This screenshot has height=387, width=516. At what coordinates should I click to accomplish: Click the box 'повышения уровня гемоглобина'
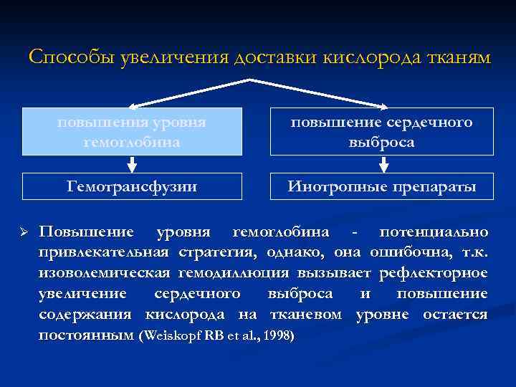point(131,132)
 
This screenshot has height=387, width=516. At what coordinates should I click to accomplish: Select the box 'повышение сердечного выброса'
point(381,132)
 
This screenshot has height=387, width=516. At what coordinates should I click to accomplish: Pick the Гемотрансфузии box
point(131,186)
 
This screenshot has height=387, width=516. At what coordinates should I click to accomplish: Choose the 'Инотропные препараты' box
point(381,186)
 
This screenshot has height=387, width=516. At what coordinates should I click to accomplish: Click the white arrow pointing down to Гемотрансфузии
point(131,164)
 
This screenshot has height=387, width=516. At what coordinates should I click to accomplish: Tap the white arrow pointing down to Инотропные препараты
point(383,164)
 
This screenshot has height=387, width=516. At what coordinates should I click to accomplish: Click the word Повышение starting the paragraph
point(85,232)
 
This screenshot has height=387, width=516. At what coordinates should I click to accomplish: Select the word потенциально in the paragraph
point(434,232)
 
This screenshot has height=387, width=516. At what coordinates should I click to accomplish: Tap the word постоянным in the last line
point(86,335)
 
